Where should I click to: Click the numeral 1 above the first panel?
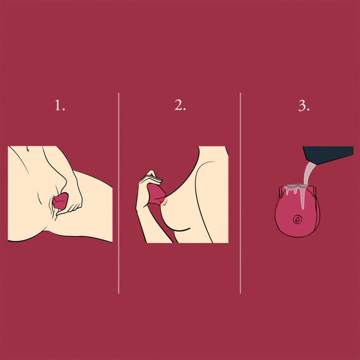click(58, 105)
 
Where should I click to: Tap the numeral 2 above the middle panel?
click(178, 105)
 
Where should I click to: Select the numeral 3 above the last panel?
click(302, 106)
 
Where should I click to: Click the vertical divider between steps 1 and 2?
click(118, 193)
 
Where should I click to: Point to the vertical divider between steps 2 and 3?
click(240, 193)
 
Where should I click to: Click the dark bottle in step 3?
click(328, 154)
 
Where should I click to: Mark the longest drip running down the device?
click(303, 198)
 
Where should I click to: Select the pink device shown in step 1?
click(60, 201)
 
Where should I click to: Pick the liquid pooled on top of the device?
click(296, 185)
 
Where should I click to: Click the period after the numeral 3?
click(308, 110)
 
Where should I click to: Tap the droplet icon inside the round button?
click(297, 220)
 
